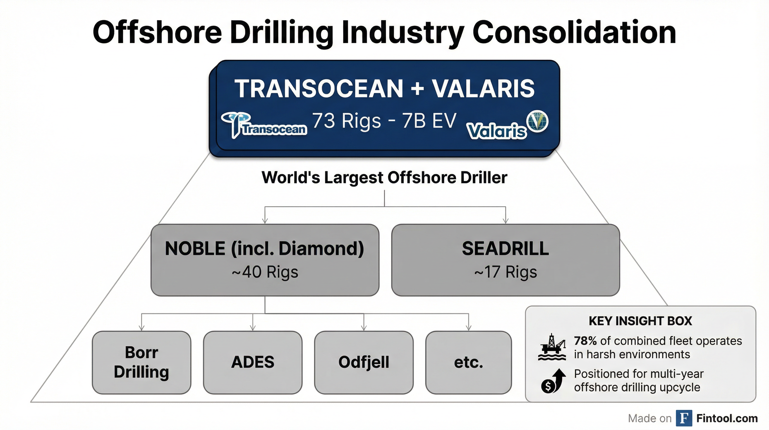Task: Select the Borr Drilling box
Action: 141,363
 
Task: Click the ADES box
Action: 253,363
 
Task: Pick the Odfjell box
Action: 364,363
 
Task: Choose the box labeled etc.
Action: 469,363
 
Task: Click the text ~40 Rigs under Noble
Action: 265,272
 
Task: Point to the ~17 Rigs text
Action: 506,272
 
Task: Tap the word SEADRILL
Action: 505,249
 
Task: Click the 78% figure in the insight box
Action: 585,341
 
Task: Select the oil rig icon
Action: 552,347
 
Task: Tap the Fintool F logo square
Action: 684,418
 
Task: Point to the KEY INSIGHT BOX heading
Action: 640,321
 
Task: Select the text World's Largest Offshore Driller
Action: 385,177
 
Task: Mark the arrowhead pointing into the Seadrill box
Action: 506,221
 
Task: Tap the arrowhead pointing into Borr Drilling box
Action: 141,328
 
